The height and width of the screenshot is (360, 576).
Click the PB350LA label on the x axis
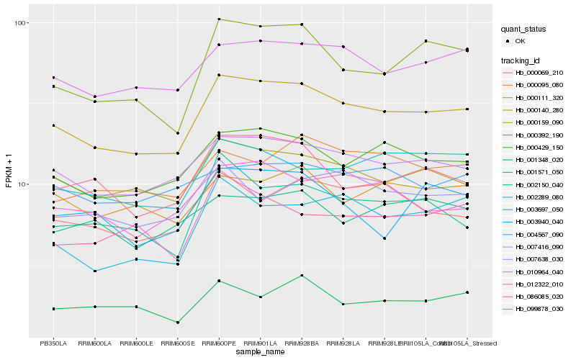[x=53, y=343]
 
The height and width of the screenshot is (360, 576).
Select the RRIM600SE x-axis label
[x=178, y=343]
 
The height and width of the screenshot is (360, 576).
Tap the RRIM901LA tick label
[x=261, y=343]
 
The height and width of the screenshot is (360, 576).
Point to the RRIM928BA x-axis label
[x=302, y=343]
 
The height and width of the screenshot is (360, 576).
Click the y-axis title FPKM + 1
[x=9, y=176]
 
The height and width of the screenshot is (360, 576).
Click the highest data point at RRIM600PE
[x=219, y=19]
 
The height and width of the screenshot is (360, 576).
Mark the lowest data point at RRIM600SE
[x=178, y=322]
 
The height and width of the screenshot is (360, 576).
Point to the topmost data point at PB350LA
[x=53, y=77]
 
